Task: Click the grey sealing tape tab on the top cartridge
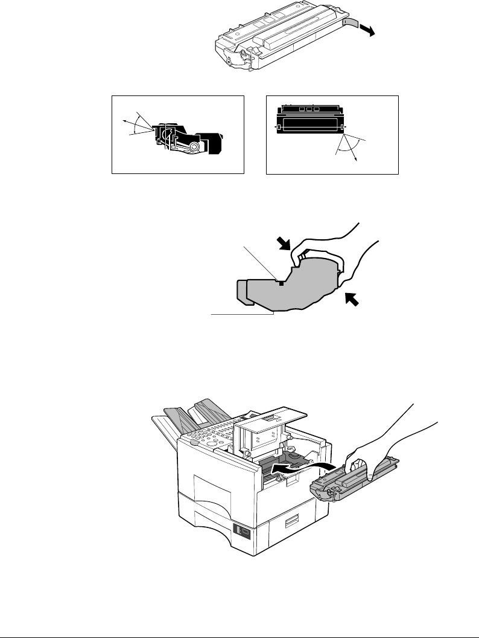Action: tap(351, 23)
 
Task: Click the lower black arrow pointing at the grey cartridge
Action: tap(354, 298)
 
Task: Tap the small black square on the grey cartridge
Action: tap(281, 282)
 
